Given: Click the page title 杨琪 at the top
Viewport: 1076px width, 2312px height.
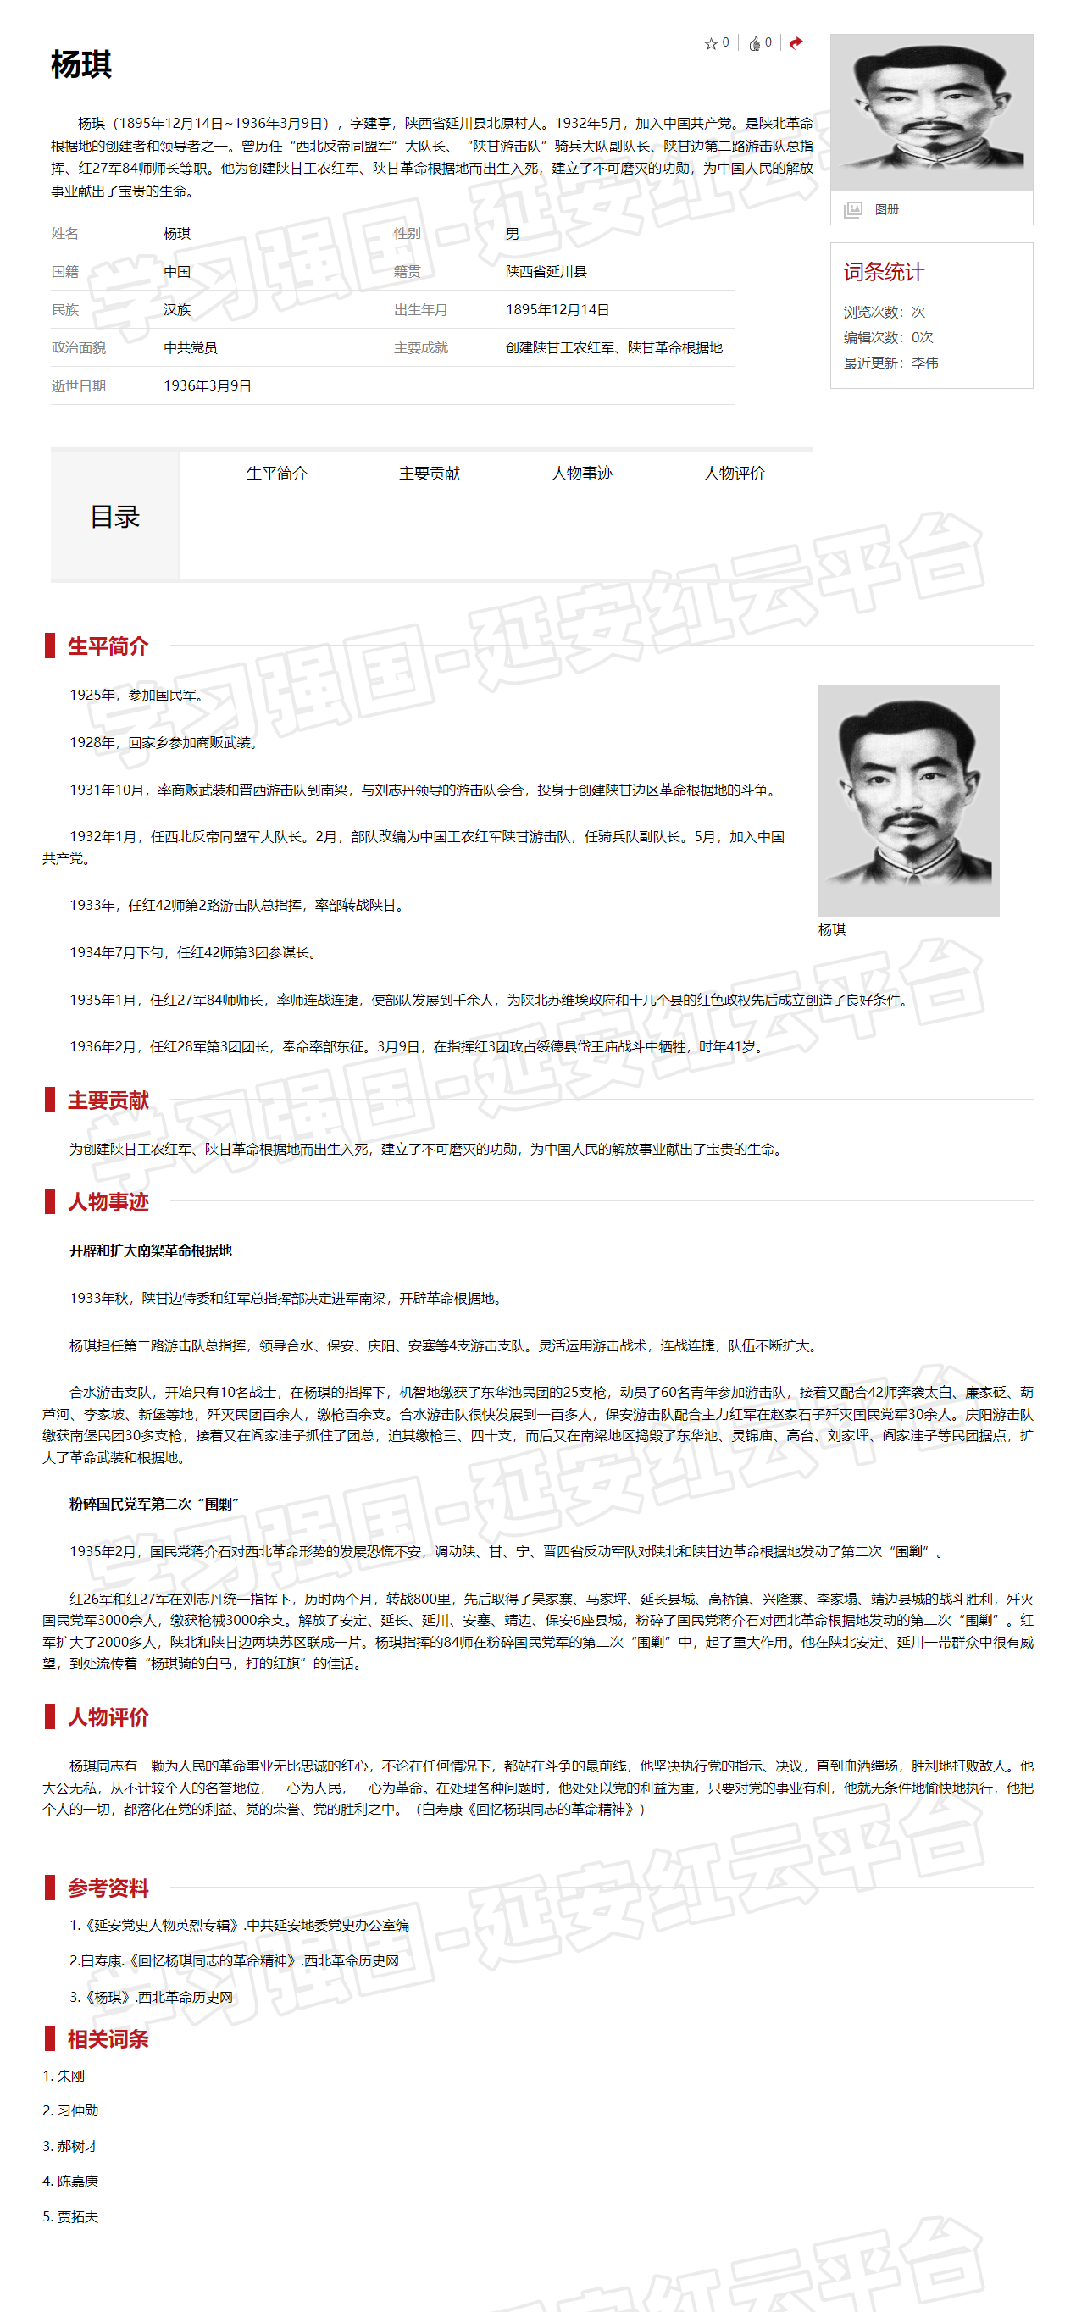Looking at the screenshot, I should pyautogui.click(x=81, y=65).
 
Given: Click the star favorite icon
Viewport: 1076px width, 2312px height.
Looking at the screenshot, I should pyautogui.click(x=711, y=43).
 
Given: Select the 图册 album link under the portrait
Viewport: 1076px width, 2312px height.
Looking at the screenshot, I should pyautogui.click(x=885, y=209).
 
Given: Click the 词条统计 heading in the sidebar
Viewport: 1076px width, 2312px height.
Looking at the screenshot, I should pyautogui.click(x=883, y=272).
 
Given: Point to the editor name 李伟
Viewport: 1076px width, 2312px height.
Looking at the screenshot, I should pyautogui.click(x=924, y=363).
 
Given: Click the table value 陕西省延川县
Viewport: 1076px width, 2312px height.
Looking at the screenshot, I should pyautogui.click(x=546, y=271).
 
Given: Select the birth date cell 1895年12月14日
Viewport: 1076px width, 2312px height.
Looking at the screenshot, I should pyautogui.click(x=557, y=309).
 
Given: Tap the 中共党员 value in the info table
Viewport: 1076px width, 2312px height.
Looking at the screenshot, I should pyautogui.click(x=191, y=347).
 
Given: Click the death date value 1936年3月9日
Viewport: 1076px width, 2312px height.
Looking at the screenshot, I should pyautogui.click(x=208, y=386).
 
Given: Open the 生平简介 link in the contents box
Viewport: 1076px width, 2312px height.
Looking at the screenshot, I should pyautogui.click(x=276, y=473).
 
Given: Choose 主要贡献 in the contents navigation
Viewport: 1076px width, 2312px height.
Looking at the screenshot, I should pyautogui.click(x=429, y=473).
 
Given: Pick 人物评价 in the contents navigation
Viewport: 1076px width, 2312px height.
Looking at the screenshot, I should pyautogui.click(x=734, y=473).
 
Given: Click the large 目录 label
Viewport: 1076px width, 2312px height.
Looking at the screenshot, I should pyautogui.click(x=115, y=517).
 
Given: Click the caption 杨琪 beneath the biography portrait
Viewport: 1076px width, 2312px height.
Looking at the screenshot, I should pyautogui.click(x=832, y=930).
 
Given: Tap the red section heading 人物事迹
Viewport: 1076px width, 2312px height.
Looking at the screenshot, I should pyautogui.click(x=108, y=1202).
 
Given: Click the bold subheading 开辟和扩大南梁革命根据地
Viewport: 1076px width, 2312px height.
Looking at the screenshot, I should pyautogui.click(x=151, y=1250).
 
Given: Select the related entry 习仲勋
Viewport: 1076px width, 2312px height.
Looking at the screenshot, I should pyautogui.click(x=77, y=2110).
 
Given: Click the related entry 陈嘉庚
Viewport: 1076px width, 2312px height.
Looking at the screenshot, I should pyautogui.click(x=77, y=2181).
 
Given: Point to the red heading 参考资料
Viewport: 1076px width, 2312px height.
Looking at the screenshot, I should pyautogui.click(x=108, y=1888).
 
